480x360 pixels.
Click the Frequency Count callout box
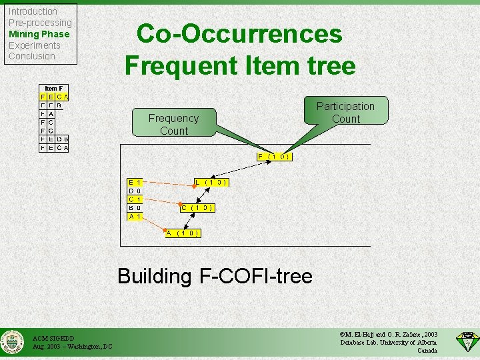[173, 124]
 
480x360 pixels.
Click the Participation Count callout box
[345, 112]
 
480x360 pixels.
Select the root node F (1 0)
[275, 157]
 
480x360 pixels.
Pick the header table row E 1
[135, 182]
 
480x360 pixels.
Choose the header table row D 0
[135, 191]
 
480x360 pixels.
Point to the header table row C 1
[135, 199]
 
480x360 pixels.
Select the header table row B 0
[135, 208]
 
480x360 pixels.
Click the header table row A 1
[135, 217]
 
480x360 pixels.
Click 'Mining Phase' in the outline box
[39, 34]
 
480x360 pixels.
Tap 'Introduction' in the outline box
[33, 11]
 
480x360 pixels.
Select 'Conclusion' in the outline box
[31, 56]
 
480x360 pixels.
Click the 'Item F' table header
[53, 88]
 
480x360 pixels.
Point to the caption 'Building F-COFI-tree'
[215, 276]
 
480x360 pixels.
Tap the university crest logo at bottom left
[11, 343]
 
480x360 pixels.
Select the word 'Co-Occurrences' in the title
[239, 34]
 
